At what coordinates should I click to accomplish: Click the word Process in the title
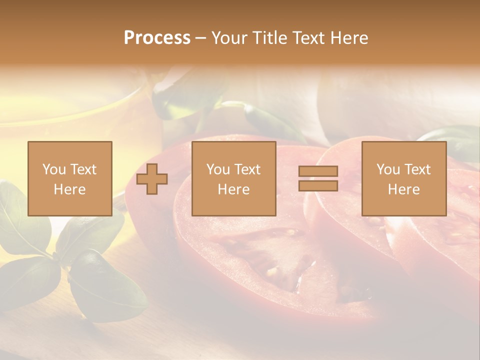pyautogui.click(x=157, y=38)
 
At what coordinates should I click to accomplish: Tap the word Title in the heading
pyautogui.click(x=268, y=38)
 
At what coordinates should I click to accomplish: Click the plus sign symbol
pyautogui.click(x=152, y=179)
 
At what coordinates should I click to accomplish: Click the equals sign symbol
pyautogui.click(x=318, y=178)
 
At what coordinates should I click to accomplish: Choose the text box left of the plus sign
pyautogui.click(x=69, y=178)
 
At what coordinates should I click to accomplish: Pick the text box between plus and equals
pyautogui.click(x=233, y=178)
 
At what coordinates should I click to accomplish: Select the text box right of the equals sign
pyautogui.click(x=403, y=178)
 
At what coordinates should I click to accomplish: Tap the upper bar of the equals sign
pyautogui.click(x=318, y=171)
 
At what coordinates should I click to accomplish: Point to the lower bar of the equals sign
pyautogui.click(x=318, y=185)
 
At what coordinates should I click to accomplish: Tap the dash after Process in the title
pyautogui.click(x=200, y=38)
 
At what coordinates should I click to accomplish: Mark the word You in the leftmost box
pyautogui.click(x=53, y=169)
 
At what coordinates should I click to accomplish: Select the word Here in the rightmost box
pyautogui.click(x=403, y=189)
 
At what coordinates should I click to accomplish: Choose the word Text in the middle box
pyautogui.click(x=247, y=169)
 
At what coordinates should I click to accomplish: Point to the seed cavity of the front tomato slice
pyautogui.click(x=280, y=260)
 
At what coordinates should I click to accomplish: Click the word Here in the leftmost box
pyautogui.click(x=69, y=189)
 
